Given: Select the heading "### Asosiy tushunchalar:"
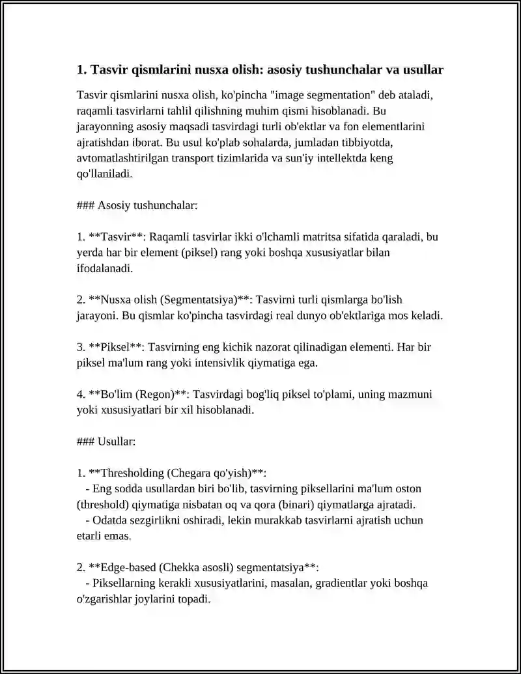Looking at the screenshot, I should coord(137,205).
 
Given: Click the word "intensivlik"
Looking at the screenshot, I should coord(219,363).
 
